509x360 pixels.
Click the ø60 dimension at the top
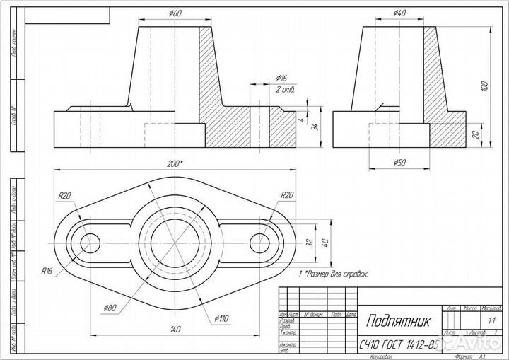click(x=176, y=13)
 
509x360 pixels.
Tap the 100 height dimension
click(x=484, y=86)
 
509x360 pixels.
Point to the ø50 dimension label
click(x=399, y=163)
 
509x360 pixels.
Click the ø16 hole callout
click(x=281, y=78)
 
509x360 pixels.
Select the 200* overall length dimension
click(x=175, y=163)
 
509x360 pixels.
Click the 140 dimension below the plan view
click(x=174, y=329)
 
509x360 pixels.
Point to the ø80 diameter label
click(x=110, y=308)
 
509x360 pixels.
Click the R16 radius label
click(x=47, y=270)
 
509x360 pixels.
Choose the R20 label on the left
click(x=65, y=195)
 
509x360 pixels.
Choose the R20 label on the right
click(x=287, y=195)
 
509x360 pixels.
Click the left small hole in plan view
click(x=90, y=241)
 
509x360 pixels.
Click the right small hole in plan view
click(x=262, y=241)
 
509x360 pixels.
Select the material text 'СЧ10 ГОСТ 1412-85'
click(x=398, y=346)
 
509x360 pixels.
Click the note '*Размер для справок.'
click(x=336, y=272)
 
